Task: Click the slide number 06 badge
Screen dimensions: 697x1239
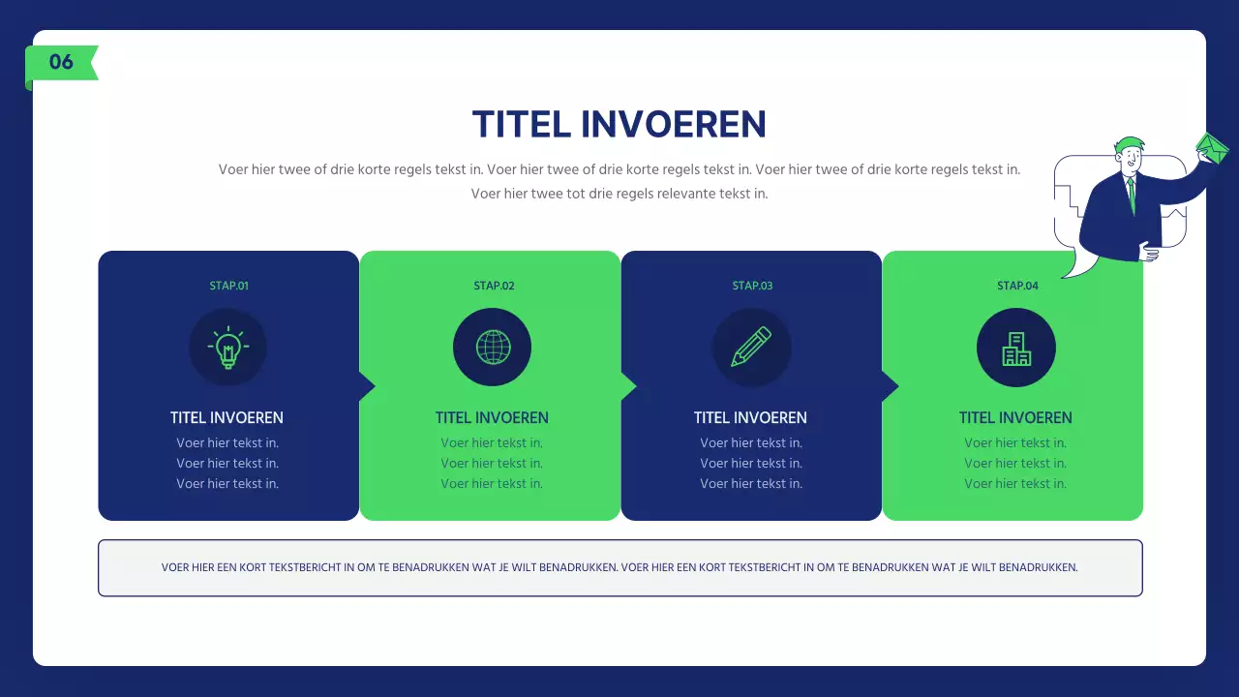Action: pyautogui.click(x=61, y=62)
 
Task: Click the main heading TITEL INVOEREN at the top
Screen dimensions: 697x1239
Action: pyautogui.click(x=619, y=125)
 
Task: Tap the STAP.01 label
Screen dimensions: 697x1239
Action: pyautogui.click(x=228, y=286)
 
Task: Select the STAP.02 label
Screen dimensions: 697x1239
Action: pyautogui.click(x=494, y=286)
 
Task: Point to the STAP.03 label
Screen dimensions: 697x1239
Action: pyautogui.click(x=752, y=286)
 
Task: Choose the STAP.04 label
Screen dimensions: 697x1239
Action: pyautogui.click(x=1017, y=286)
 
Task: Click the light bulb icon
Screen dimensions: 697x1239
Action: pyautogui.click(x=227, y=348)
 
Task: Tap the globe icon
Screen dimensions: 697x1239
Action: pyautogui.click(x=493, y=348)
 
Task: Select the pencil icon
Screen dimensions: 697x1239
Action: pyautogui.click(x=751, y=348)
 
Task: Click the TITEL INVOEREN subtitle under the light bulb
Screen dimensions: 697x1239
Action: pyautogui.click(x=227, y=418)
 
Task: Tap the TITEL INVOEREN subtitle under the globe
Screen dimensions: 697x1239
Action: pyautogui.click(x=492, y=418)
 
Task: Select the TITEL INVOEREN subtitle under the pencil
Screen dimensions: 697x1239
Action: pyautogui.click(x=750, y=418)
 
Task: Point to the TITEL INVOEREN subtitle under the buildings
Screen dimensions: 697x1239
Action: pyautogui.click(x=1015, y=418)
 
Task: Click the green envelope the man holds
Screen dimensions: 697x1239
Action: pyautogui.click(x=1212, y=148)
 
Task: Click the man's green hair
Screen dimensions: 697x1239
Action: pyautogui.click(x=1127, y=143)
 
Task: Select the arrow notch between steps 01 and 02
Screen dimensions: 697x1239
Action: pyautogui.click(x=367, y=386)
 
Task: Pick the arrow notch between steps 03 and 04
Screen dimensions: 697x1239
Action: pyautogui.click(x=890, y=386)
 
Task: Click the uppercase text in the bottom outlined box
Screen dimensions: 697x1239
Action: pyautogui.click(x=619, y=567)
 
